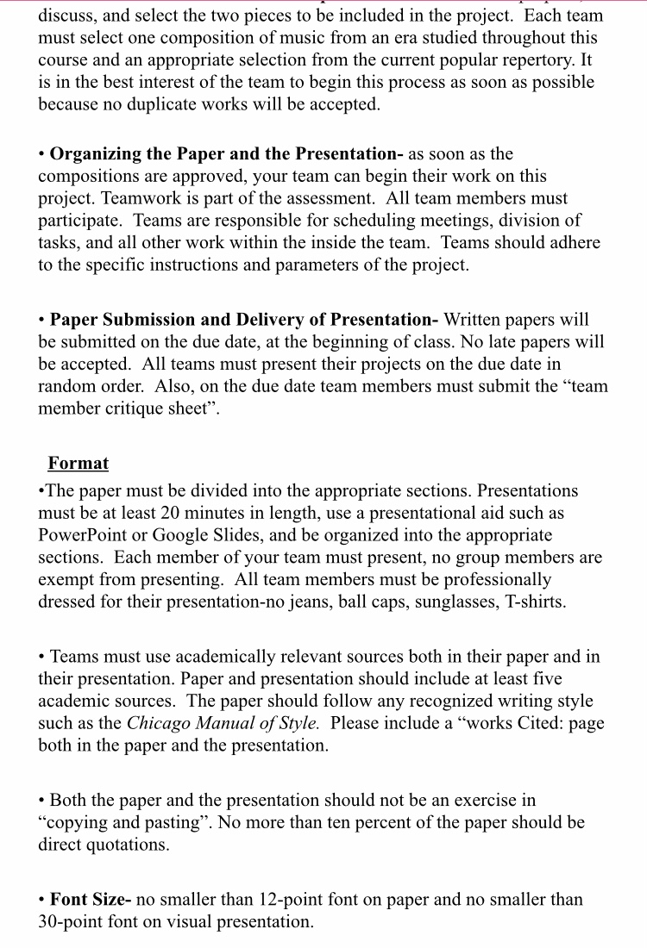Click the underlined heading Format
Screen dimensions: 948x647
(x=79, y=464)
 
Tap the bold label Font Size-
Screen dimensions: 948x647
(x=91, y=900)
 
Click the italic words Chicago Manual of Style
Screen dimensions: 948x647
(x=223, y=724)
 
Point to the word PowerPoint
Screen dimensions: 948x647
(x=81, y=536)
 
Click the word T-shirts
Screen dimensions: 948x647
(x=534, y=602)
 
